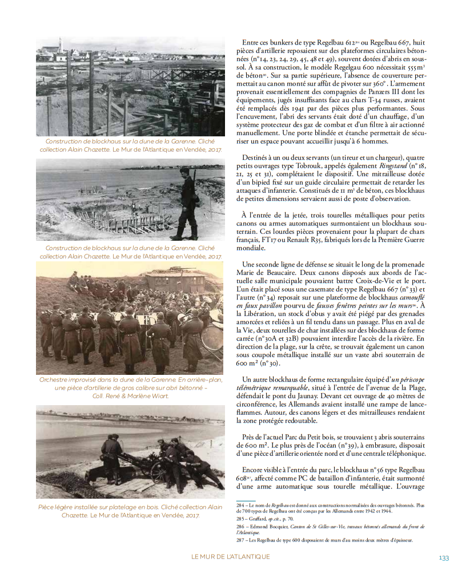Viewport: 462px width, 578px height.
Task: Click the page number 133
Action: (444, 557)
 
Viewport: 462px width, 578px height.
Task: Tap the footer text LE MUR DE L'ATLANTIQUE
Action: (231, 557)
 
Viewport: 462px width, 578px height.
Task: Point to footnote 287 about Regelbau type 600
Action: (324, 540)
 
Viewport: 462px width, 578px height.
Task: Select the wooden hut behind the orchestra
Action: (176, 280)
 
